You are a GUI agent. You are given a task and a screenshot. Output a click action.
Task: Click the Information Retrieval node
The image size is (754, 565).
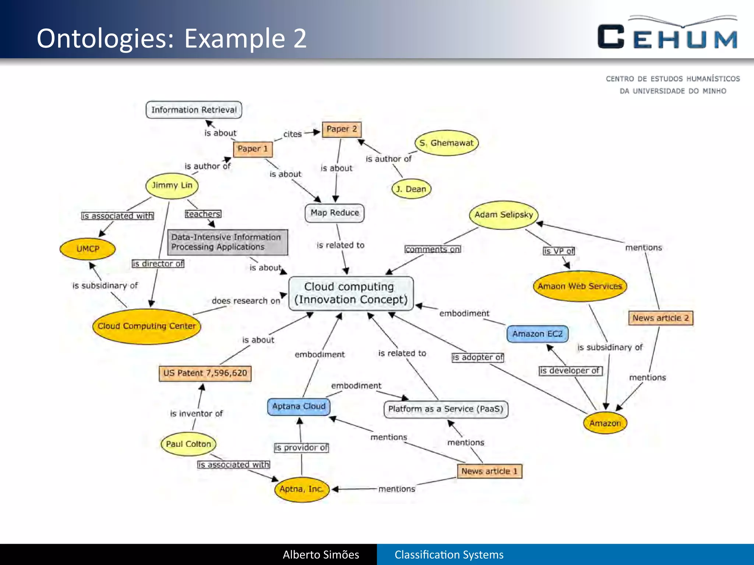point(194,110)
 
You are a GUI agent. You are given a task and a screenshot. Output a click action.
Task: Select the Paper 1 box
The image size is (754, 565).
point(253,149)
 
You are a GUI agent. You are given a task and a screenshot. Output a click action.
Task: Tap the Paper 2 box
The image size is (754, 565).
point(341,129)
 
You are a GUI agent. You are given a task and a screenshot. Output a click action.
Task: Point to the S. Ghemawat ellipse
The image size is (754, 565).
point(446,143)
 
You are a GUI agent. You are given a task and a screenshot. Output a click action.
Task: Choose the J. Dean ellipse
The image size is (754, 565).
point(411,189)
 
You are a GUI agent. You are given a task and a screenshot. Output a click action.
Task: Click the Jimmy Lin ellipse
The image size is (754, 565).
point(172,185)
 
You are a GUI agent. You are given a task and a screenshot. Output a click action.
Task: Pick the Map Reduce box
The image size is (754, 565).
point(334,213)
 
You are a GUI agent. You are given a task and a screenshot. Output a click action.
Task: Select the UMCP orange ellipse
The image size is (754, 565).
point(88,249)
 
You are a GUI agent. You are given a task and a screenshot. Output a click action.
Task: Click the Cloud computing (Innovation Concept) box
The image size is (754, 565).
point(351,293)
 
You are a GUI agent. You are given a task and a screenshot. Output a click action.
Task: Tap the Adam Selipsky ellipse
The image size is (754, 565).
point(503,215)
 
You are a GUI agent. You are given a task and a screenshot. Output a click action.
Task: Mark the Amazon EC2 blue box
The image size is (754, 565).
point(537,334)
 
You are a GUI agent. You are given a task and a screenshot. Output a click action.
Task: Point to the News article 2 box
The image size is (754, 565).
point(660,318)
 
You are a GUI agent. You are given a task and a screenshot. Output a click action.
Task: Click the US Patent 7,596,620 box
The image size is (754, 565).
point(205,373)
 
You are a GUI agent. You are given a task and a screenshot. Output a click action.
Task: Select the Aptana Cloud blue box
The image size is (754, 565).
point(299,406)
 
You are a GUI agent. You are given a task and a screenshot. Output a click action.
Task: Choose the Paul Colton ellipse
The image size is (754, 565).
point(188,444)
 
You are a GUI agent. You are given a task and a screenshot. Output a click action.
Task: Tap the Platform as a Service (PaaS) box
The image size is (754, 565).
point(445,409)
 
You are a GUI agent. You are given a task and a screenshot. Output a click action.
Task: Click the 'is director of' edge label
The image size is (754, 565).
point(158,264)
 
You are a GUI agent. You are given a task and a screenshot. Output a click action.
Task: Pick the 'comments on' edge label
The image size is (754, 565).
point(433,249)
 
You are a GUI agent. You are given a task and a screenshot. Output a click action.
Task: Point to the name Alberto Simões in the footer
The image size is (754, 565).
point(321,555)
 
